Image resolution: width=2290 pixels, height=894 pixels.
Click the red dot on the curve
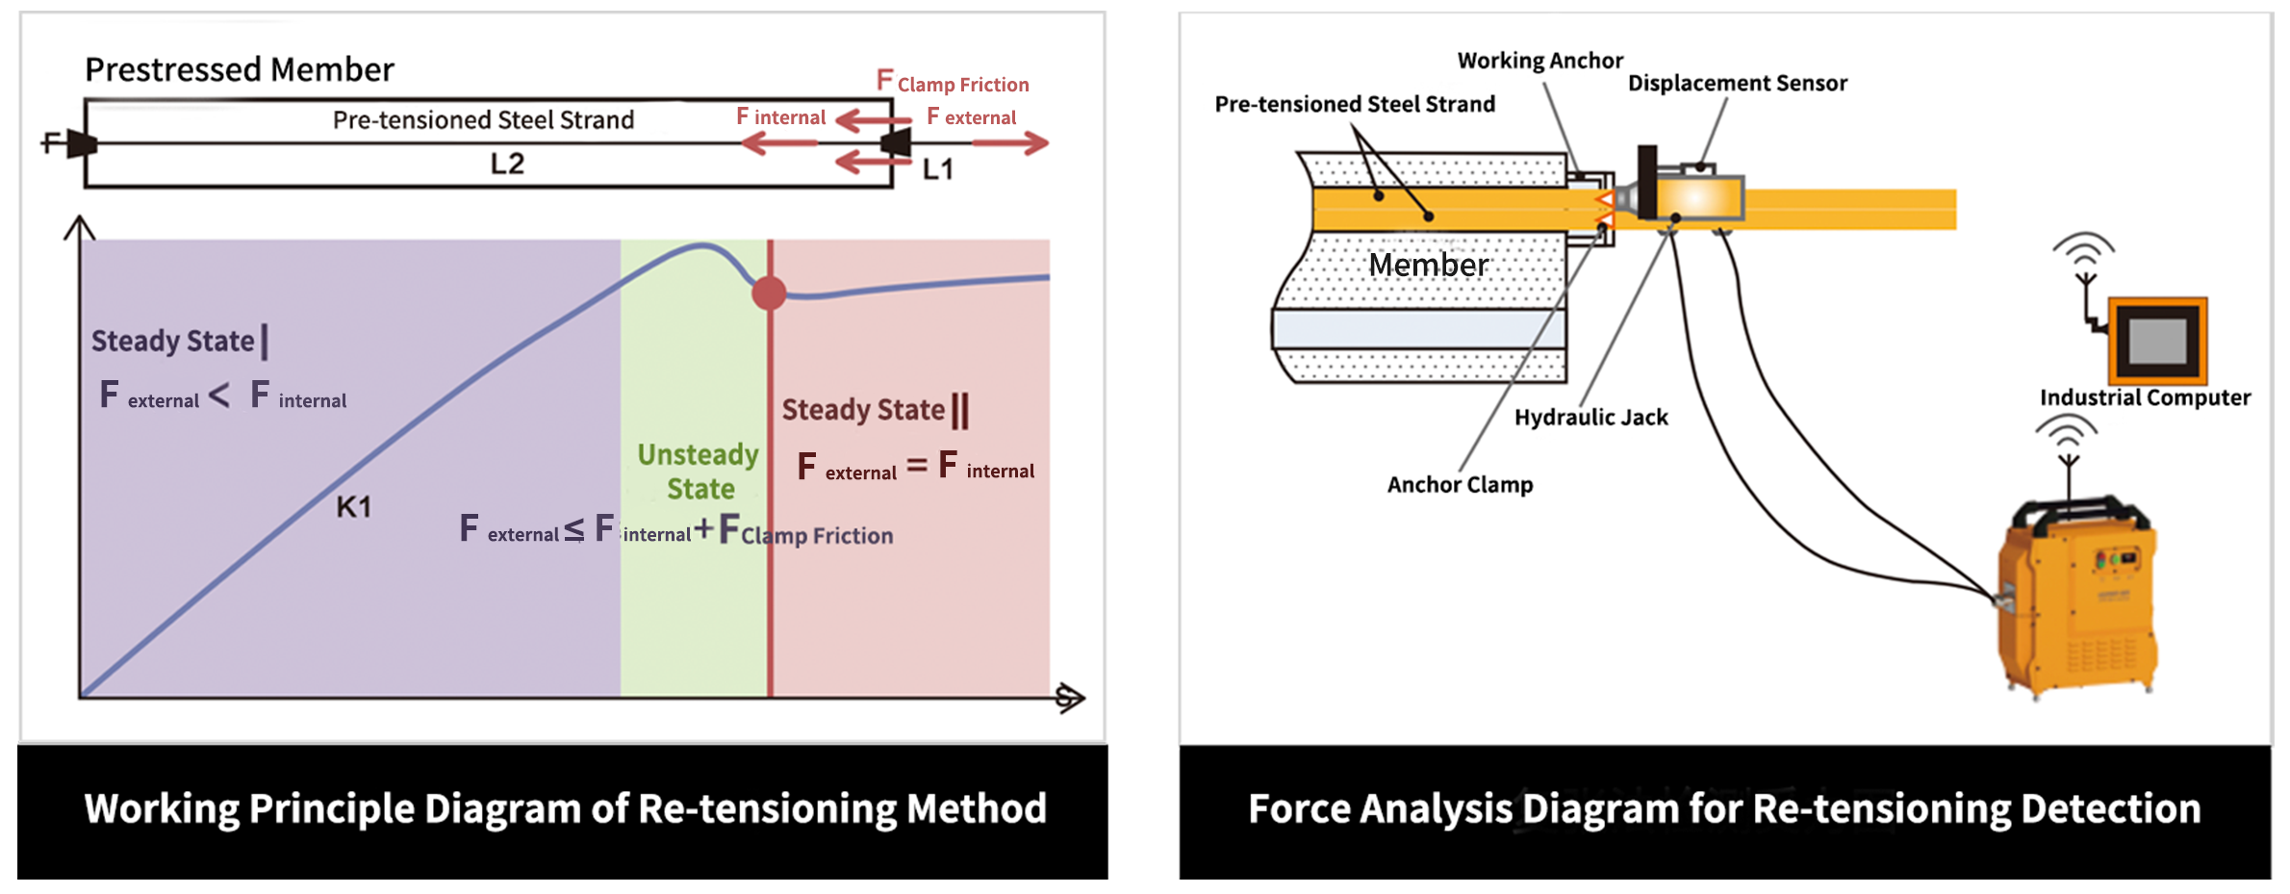coord(769,293)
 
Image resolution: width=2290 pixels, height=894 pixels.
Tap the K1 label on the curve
coord(354,507)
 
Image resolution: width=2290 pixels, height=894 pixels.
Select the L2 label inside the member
coord(507,164)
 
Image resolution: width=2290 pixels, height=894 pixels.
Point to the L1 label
coord(938,169)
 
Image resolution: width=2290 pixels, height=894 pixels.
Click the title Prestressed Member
coord(240,69)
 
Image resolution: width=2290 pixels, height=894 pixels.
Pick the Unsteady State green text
coord(699,472)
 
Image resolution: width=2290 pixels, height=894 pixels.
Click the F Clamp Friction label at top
coord(953,83)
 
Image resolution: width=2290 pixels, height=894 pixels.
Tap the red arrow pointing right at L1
coord(1010,144)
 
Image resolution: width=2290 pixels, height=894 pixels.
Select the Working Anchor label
coord(1539,61)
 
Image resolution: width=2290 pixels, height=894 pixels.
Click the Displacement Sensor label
coord(1737,84)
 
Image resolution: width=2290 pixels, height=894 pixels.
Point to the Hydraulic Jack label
coord(1590,417)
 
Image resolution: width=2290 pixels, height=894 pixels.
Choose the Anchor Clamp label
coord(1460,484)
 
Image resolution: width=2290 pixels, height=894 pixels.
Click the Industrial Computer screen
coord(2157,341)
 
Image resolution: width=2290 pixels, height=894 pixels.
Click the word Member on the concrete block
coord(1428,265)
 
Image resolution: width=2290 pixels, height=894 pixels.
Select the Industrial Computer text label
coord(2145,397)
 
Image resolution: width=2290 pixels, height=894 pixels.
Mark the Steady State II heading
coord(875,410)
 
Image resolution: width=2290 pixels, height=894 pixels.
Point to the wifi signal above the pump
coord(2066,432)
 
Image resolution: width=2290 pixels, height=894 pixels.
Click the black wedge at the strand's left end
coord(82,144)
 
